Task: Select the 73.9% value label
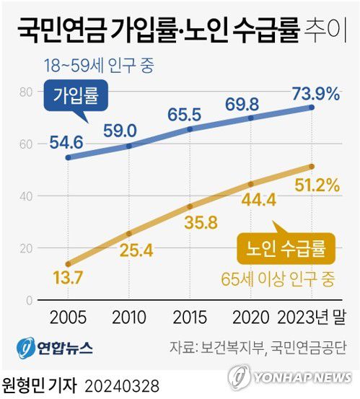pyautogui.click(x=315, y=92)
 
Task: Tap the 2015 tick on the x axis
pyautogui.click(x=190, y=317)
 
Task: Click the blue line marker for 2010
pyautogui.click(x=129, y=146)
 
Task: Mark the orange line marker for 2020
pyautogui.click(x=251, y=184)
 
